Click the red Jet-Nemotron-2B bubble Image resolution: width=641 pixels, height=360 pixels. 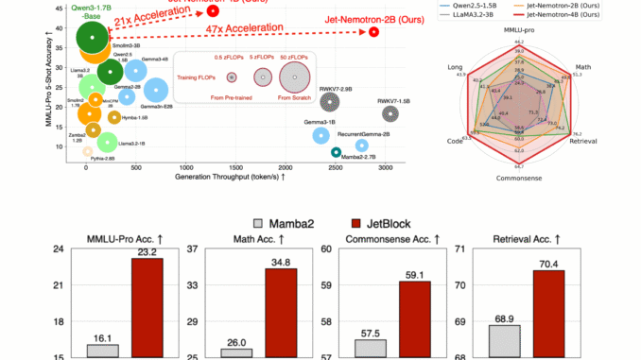coord(374,31)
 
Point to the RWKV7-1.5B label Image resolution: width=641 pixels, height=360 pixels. coord(394,100)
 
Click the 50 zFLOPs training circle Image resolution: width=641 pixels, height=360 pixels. coord(296,77)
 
